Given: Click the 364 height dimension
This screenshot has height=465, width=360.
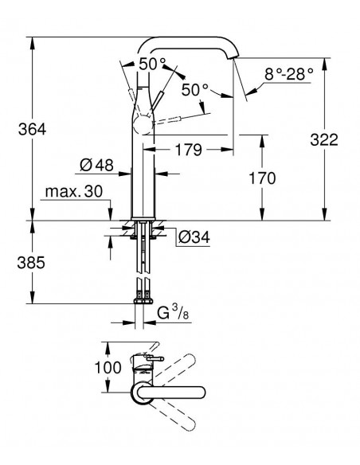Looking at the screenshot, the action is tap(32, 130).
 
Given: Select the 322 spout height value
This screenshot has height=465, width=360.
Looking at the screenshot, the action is tap(324, 139).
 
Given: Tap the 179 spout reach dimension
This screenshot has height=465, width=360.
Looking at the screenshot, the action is tap(189, 150).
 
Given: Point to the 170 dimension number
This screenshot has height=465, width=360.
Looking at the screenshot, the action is tap(262, 178).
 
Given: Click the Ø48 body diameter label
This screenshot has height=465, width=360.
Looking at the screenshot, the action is tap(96, 165).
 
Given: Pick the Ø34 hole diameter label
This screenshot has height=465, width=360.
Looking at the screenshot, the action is tap(194, 237).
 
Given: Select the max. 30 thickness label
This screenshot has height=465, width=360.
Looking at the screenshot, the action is tap(74, 192).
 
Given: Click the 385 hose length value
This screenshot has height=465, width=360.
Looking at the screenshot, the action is tap(31, 263).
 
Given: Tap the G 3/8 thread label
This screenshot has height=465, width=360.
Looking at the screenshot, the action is tap(173, 314).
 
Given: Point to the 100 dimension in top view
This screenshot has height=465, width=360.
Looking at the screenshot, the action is tap(108, 368).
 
